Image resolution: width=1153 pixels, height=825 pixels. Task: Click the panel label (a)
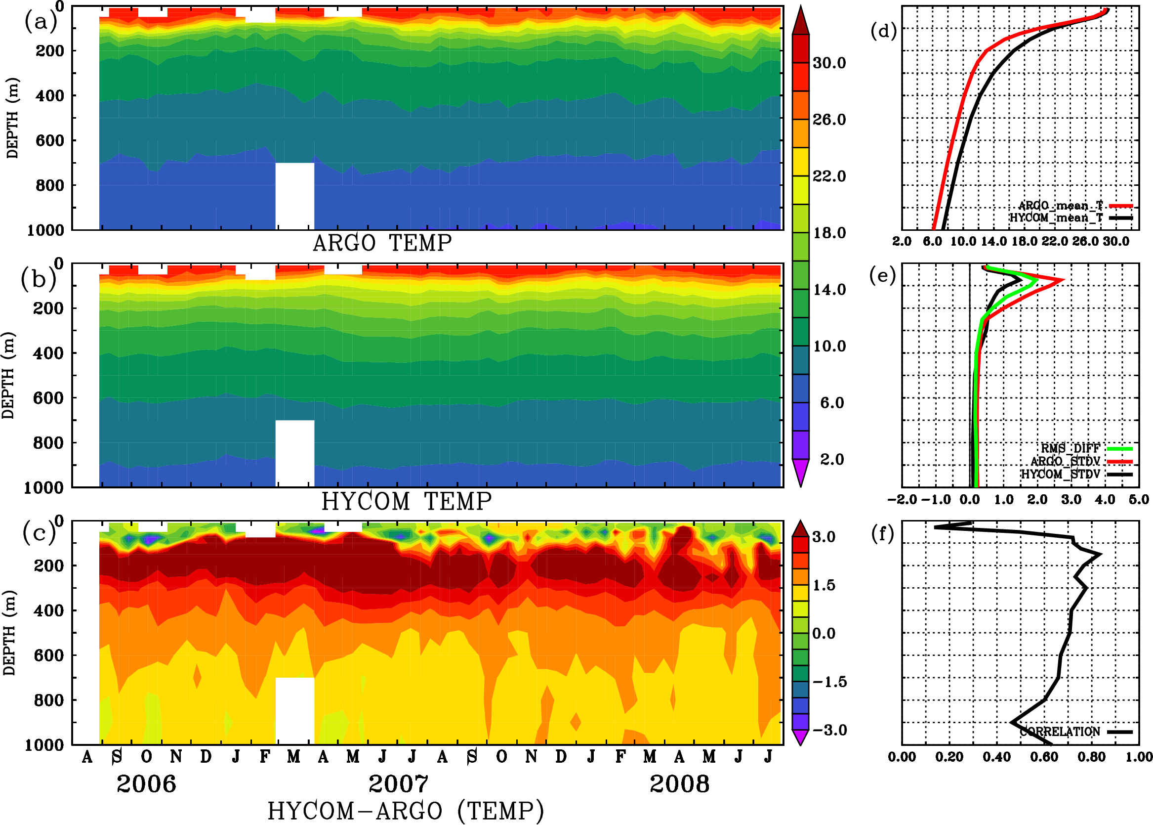40,21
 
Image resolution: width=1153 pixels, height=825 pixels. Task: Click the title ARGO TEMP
382,243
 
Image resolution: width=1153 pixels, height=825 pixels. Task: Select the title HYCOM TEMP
406,501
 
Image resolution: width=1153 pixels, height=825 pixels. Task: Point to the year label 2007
398,784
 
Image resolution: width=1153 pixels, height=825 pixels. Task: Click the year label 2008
679,784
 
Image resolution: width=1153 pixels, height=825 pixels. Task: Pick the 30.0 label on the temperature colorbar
829,63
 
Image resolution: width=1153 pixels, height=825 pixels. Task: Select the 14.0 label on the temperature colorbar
829,290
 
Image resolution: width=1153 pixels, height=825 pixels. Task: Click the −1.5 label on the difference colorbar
829,682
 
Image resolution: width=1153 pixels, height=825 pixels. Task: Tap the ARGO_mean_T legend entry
1061,205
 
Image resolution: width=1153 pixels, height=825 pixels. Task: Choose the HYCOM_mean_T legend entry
1056,217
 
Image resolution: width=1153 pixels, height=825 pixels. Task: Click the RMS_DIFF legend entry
1070,448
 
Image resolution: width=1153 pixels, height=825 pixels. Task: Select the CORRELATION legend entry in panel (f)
1060,732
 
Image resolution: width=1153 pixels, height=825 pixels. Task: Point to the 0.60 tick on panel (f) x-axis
1044,757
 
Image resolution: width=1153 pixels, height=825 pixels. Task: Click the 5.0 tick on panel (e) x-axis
1139,500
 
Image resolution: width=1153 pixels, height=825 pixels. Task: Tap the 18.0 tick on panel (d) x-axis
1024,241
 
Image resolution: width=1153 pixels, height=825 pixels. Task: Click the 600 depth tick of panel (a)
49,141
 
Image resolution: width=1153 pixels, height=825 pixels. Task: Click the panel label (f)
882,533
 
